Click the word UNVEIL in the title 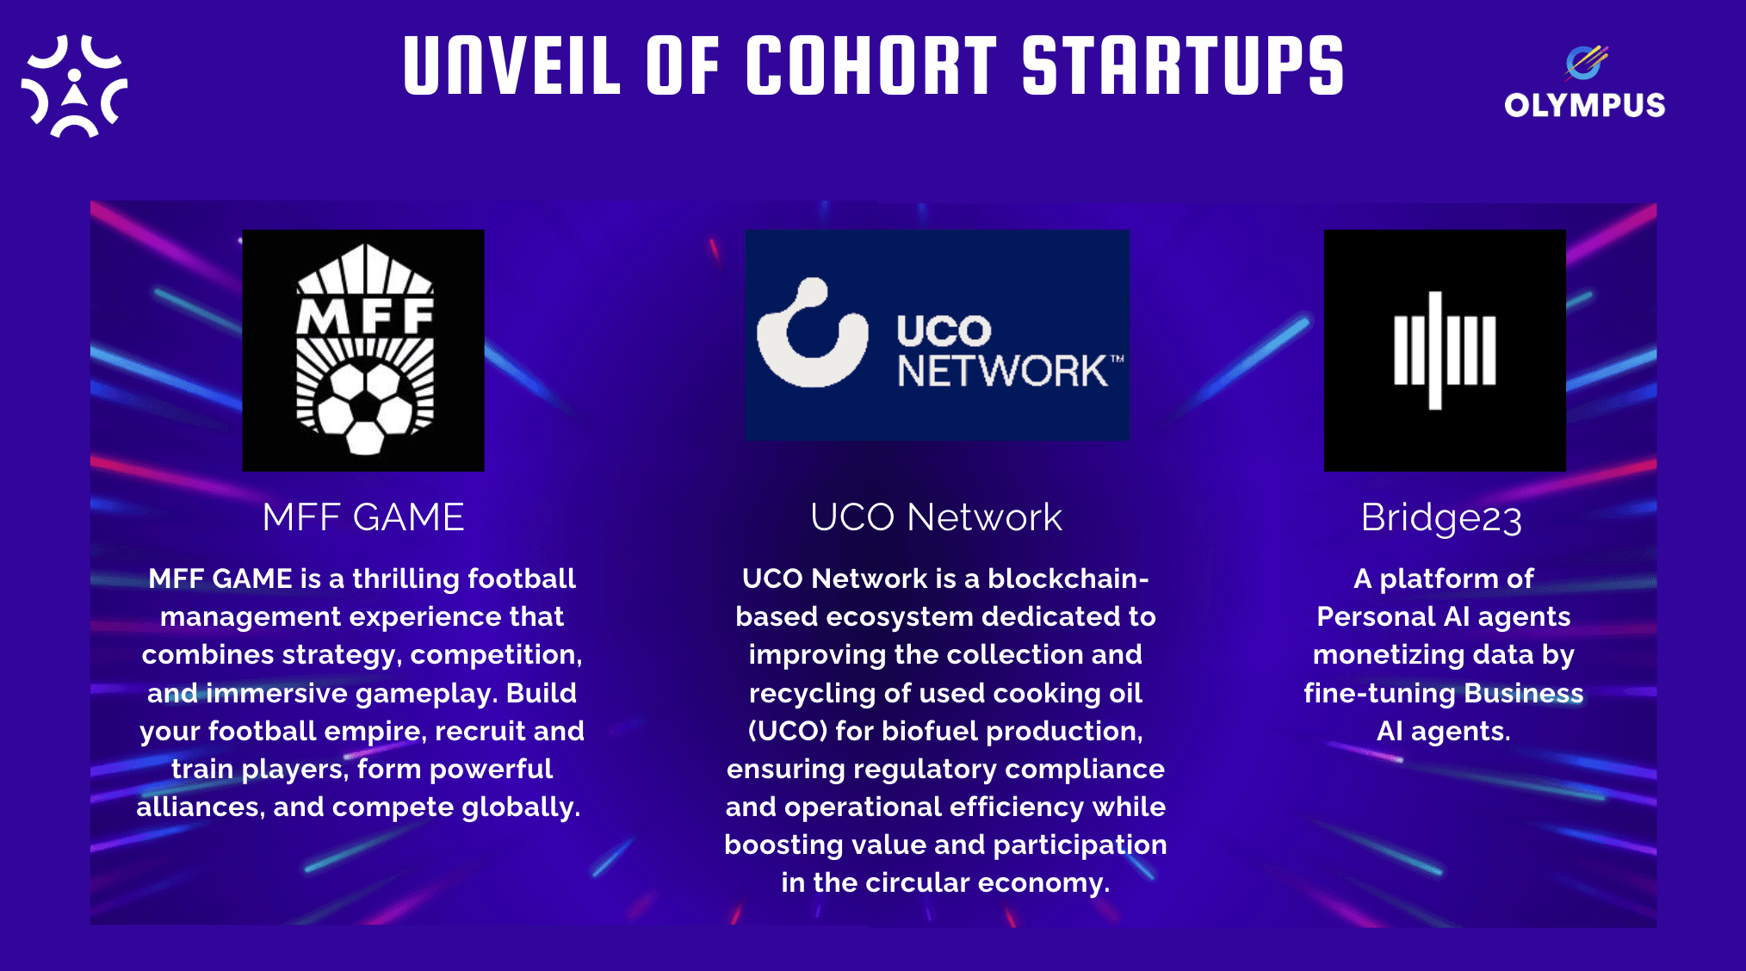511,65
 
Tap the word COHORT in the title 870,65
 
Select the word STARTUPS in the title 1182,65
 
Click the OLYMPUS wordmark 1584,105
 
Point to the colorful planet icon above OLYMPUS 1585,61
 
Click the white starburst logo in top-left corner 74,86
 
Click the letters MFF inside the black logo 365,315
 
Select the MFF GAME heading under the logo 363,517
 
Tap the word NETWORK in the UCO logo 1003,372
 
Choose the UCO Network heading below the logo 936,517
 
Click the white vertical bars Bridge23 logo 1445,350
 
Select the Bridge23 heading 1441,518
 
